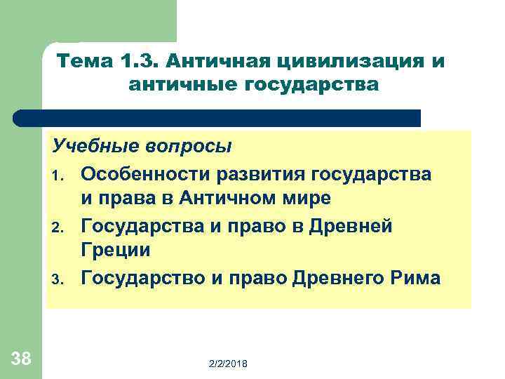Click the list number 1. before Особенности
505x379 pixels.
[62, 174]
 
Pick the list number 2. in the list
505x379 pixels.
[62, 227]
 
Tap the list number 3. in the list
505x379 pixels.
[62, 279]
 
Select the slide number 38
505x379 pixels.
[21, 359]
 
